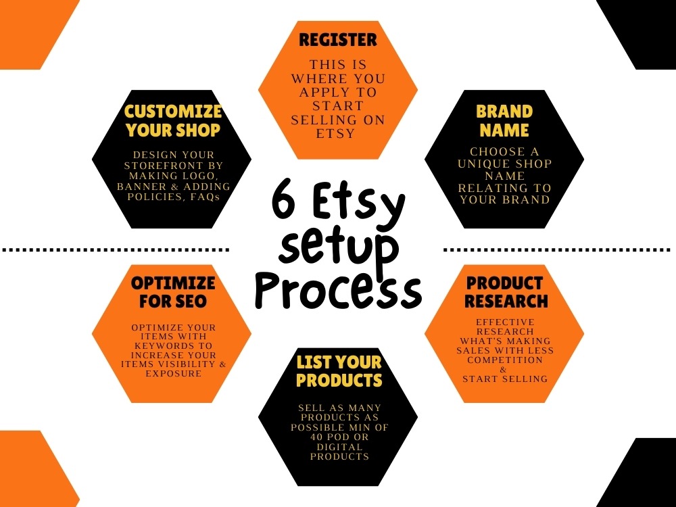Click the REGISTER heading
[x=337, y=40]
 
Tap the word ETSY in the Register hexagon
[x=335, y=133]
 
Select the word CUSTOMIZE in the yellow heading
[x=173, y=112]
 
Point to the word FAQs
[x=206, y=197]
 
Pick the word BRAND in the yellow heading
[x=504, y=112]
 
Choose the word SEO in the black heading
[x=191, y=301]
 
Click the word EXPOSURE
[x=173, y=373]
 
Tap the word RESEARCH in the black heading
[x=506, y=301]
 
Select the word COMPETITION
[x=505, y=360]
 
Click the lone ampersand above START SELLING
[x=503, y=370]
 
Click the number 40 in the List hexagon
[x=317, y=437]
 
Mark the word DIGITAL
[x=339, y=447]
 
